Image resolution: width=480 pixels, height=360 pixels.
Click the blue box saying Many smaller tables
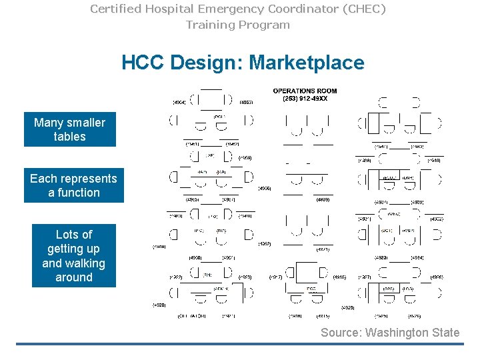69,129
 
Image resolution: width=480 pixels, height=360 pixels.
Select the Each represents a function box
73,185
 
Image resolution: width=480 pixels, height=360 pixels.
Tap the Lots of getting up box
73,255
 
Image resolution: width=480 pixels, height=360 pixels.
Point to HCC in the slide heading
143,63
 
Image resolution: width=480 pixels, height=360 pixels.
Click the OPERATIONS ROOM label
305,91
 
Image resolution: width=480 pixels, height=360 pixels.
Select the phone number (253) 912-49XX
305,99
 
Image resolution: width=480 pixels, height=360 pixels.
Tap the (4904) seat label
179,103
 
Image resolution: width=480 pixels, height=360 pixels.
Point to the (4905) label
264,188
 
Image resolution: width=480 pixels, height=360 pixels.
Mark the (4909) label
322,199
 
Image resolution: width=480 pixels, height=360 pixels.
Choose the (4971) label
322,249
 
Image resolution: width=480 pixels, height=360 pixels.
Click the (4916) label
339,277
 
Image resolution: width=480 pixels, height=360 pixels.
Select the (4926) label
436,277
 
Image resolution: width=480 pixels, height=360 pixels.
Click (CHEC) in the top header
361,9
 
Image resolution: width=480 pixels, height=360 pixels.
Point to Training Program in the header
238,25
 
